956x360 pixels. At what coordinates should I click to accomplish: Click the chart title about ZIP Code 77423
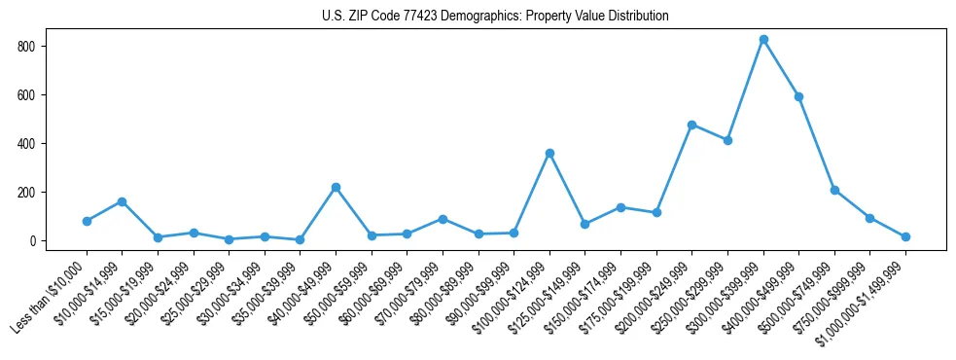coord(495,17)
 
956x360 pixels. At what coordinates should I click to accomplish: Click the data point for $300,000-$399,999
coord(763,40)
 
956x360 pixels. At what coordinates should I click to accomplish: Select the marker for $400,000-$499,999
coord(798,96)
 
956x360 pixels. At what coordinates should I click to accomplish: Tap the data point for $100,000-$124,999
coord(549,153)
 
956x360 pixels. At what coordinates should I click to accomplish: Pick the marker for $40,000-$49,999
coord(336,187)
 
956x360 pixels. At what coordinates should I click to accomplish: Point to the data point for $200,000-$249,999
coord(691,125)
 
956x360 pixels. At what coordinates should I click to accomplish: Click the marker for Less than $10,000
coord(87,221)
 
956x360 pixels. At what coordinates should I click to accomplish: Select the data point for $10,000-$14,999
coord(122,201)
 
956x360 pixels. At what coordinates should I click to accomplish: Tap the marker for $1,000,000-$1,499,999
coord(905,236)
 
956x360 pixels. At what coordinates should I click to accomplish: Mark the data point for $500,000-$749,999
coord(834,190)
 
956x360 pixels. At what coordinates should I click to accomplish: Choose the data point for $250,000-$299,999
coord(727,140)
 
